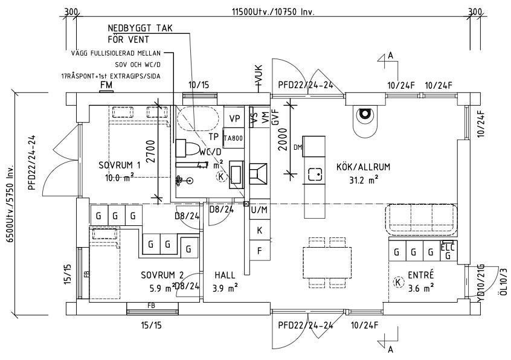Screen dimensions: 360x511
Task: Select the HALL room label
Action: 225,275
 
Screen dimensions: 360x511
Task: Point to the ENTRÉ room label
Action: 421,275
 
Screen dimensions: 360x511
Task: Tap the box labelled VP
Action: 234,118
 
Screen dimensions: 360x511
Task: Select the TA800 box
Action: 233,138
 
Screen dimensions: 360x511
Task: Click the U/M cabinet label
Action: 259,210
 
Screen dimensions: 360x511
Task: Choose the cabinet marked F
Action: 260,250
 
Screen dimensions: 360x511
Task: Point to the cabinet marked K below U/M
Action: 260,230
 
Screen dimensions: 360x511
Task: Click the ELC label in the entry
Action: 447,246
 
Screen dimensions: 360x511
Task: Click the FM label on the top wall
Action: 106,85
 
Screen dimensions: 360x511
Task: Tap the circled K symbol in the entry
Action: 398,281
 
